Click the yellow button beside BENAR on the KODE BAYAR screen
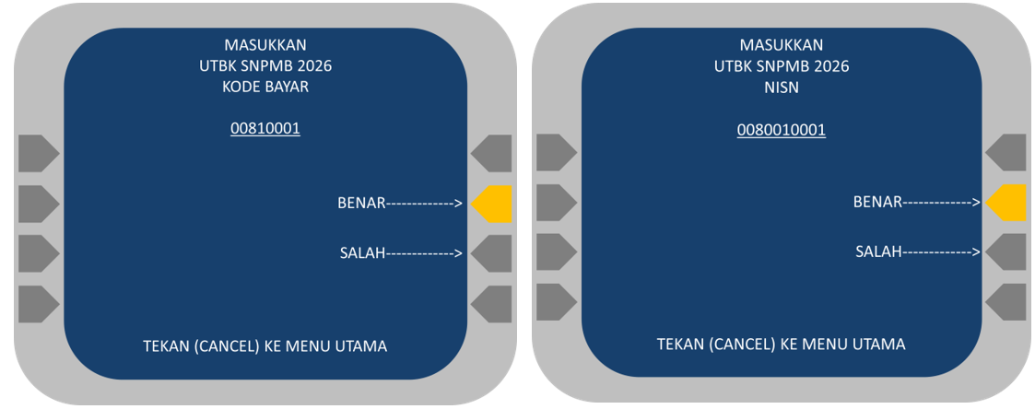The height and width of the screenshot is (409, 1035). (493, 204)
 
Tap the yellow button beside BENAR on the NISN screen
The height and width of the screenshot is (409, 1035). (1007, 203)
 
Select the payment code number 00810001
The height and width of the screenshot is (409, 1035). (265, 129)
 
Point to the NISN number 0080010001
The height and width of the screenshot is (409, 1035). (782, 130)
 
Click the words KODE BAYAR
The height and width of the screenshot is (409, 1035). (265, 88)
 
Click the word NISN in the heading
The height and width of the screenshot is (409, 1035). (782, 88)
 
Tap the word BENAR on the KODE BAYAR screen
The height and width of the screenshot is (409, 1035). (361, 203)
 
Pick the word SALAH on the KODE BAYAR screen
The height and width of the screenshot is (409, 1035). (362, 252)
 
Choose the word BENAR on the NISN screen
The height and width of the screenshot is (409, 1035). (877, 202)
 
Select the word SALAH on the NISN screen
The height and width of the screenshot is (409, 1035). (878, 251)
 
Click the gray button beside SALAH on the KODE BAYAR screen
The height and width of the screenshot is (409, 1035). (493, 252)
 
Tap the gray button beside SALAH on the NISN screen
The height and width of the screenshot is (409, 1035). (1007, 251)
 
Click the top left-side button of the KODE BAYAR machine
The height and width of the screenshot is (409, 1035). (37, 153)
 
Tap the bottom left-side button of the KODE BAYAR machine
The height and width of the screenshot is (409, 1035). (37, 304)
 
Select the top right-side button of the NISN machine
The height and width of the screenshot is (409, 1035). (1007, 152)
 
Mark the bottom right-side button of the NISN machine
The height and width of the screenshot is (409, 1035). (1007, 301)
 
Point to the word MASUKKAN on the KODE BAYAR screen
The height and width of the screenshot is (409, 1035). (265, 45)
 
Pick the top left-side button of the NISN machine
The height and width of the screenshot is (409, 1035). (554, 152)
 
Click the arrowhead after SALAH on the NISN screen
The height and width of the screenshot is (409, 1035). (975, 251)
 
